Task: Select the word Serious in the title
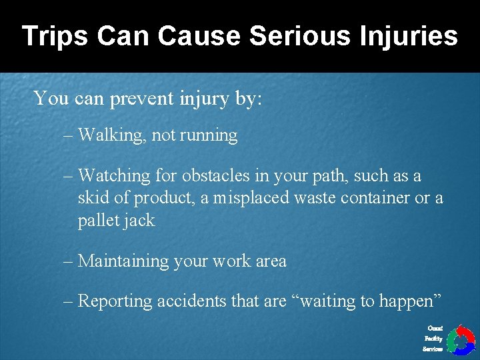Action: coord(290,35)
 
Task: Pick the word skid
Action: coord(91,198)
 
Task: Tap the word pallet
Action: coord(95,221)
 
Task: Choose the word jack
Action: coord(141,221)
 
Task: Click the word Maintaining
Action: coord(124,261)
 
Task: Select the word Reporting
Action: coord(115,301)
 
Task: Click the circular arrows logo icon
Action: coord(460,339)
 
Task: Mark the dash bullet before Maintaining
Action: coord(69,261)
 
